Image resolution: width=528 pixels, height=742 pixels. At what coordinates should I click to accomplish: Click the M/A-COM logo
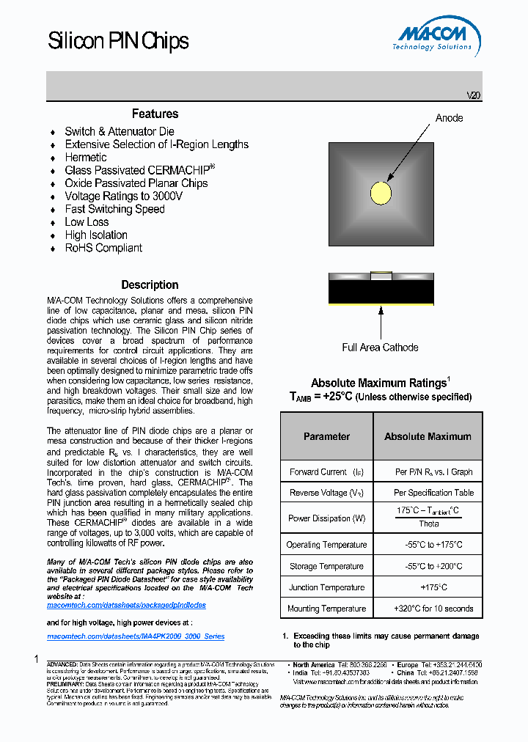[x=438, y=37]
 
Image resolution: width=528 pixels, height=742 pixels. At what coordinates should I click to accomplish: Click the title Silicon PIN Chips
[x=118, y=41]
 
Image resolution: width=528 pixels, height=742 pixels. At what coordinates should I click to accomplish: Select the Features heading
[x=155, y=114]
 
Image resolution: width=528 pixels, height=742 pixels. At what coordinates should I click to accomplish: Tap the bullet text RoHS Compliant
[x=103, y=248]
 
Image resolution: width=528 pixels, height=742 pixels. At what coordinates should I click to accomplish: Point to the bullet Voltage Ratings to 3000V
[x=123, y=196]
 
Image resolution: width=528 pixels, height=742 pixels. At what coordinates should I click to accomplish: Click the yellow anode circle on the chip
[x=381, y=193]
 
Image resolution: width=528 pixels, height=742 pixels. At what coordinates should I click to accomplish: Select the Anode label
[x=449, y=118]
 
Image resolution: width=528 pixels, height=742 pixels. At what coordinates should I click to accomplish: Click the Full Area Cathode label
[x=380, y=348]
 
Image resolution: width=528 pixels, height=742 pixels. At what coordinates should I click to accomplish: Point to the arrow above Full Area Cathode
[x=381, y=321]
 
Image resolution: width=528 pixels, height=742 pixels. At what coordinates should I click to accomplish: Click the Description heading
[x=150, y=284]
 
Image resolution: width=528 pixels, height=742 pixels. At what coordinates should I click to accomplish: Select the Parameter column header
[x=326, y=436]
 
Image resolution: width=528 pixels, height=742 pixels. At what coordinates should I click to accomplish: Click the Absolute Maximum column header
[x=428, y=436]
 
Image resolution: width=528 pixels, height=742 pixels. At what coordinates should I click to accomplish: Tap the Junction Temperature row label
[x=326, y=587]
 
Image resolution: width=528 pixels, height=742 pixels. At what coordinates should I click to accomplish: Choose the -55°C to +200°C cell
[x=428, y=566]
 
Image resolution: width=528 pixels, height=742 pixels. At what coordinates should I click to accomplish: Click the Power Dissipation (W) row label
[x=326, y=518]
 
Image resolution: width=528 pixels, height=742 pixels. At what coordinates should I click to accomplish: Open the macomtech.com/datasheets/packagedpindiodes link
[x=126, y=606]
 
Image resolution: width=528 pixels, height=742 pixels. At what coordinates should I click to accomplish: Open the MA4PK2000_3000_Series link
[x=136, y=636]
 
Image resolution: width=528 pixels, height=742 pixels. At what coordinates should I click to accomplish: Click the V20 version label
[x=474, y=95]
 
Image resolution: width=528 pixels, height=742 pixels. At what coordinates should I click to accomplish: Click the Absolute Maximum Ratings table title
[x=380, y=383]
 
